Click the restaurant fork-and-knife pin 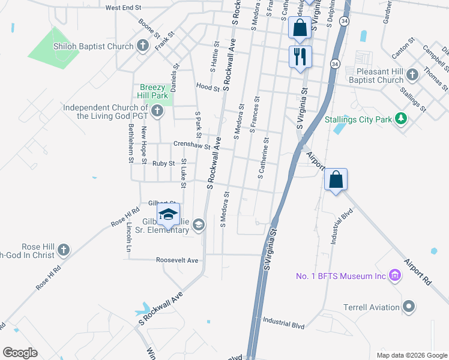[300, 57]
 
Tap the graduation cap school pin [169, 214]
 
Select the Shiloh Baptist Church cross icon [142, 46]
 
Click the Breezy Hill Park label [154, 91]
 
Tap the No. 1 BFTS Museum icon [395, 276]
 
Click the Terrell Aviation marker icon [409, 307]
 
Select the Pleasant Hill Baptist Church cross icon [412, 75]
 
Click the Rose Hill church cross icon [63, 250]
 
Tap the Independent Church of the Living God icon [157, 110]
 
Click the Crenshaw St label [191, 145]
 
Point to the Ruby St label [163, 163]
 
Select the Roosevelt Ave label [176, 260]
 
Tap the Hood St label [208, 87]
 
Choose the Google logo [20, 353]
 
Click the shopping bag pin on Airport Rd [336, 179]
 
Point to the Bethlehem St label [130, 143]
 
